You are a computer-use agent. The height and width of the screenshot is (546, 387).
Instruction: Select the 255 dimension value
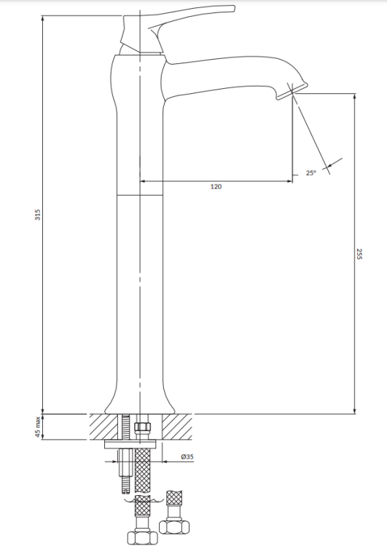(x=360, y=254)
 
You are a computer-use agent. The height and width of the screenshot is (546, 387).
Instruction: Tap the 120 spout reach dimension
(x=216, y=187)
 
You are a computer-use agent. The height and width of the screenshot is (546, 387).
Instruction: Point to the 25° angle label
(x=310, y=173)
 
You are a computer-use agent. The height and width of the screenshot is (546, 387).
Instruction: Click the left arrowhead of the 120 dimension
(x=143, y=181)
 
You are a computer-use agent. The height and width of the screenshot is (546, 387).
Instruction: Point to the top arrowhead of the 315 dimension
(x=43, y=16)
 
